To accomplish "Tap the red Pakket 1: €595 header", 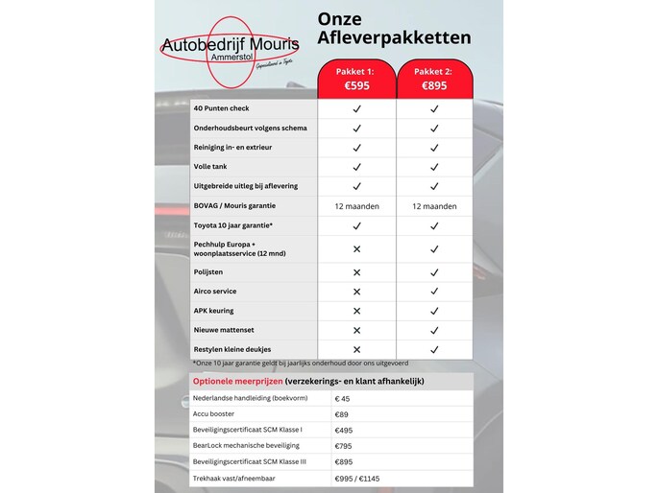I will pos(356,79).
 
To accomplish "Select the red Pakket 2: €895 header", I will pos(434,79).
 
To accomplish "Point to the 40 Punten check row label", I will pos(221,108).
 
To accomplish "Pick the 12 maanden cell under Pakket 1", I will pos(356,205).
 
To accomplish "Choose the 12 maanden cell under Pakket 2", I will pos(434,205).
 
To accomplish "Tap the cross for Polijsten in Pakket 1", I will pos(356,271).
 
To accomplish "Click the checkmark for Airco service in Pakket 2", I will pos(434,291).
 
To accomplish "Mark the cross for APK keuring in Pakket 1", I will pos(356,311).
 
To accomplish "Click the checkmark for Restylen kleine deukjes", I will pos(434,349).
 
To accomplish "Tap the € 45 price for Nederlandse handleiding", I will pos(343,399).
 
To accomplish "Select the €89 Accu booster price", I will pos(342,414).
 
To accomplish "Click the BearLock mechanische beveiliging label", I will pos(246,445).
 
